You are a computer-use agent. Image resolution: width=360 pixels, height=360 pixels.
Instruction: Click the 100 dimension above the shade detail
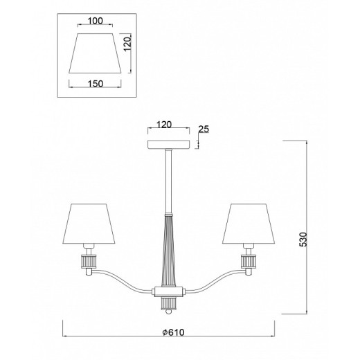tap(96, 21)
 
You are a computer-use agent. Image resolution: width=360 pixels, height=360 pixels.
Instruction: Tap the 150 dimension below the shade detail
tap(96, 84)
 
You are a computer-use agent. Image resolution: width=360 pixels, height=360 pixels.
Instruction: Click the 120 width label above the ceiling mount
tap(164, 125)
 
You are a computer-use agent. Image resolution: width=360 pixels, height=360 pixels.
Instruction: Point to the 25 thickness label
tap(204, 129)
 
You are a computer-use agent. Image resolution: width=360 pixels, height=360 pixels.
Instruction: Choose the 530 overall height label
tap(304, 240)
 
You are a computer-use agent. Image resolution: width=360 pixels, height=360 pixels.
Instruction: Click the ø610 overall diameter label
tap(173, 332)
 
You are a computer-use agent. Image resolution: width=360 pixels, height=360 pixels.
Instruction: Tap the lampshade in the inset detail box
tap(95, 53)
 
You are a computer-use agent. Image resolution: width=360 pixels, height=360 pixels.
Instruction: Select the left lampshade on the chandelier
tap(89, 224)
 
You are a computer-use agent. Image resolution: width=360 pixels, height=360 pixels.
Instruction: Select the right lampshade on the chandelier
tap(249, 224)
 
